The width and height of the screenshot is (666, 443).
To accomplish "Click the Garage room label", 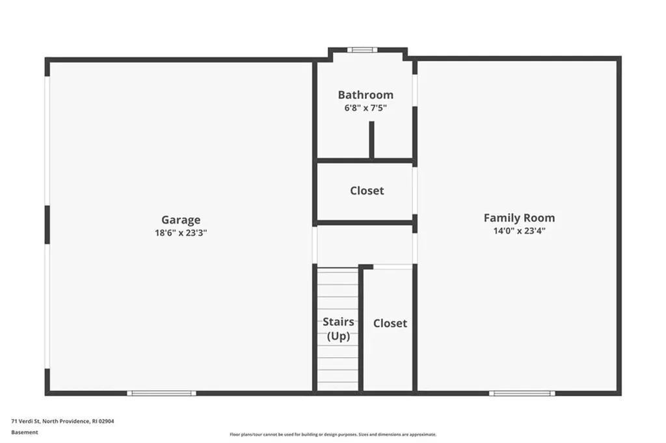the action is [181, 220].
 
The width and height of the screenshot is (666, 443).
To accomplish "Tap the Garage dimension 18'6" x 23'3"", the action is [181, 233].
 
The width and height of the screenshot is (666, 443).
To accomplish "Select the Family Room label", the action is [519, 218].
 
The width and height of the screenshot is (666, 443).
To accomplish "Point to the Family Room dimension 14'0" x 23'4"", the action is [519, 231].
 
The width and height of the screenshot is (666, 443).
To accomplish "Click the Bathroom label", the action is [366, 95].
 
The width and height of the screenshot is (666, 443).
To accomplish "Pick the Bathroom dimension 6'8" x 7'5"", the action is [366, 108].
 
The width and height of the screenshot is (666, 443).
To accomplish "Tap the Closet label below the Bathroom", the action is [367, 191].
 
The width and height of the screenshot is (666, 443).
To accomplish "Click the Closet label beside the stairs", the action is [390, 323].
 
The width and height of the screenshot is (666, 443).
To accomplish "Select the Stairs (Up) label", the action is [338, 329].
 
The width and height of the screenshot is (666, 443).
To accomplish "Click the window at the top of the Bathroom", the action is [362, 49].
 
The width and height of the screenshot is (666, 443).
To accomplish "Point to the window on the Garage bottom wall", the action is [161, 394].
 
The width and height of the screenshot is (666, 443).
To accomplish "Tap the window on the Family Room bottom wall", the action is [522, 394].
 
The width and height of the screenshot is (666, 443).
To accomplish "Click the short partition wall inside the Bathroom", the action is [371, 140].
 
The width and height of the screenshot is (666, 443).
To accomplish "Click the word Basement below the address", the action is [25, 433].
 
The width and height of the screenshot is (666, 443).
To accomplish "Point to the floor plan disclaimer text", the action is [333, 435].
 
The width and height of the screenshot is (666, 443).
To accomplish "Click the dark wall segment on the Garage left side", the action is [47, 225].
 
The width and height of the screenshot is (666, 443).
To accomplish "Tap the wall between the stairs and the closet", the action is [360, 329].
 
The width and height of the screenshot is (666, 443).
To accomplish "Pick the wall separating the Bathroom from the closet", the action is [366, 161].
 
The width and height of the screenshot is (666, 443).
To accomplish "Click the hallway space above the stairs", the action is [365, 245].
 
